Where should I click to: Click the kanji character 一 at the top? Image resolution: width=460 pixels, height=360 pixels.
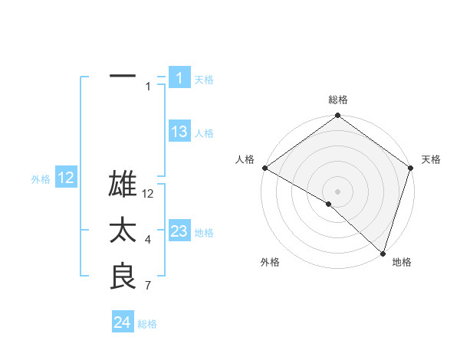(123, 77)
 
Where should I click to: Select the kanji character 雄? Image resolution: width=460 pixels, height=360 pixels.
(123, 185)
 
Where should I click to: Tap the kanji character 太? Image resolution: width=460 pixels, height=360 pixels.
(123, 231)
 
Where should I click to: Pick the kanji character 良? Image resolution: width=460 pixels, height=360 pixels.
(123, 276)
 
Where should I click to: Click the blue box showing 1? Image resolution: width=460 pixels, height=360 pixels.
(179, 78)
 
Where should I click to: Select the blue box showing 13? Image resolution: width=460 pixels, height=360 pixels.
(179, 132)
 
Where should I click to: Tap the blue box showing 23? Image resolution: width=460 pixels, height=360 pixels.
(179, 231)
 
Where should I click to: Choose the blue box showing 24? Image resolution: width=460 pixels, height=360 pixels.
(123, 322)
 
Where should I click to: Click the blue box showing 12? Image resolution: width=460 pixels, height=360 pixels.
(65, 178)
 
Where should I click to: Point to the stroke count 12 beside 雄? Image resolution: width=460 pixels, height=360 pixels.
(149, 195)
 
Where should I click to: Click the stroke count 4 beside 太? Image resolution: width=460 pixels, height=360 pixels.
(147, 241)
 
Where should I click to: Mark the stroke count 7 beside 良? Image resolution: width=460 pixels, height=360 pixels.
(147, 286)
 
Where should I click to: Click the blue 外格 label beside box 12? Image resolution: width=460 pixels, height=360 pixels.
(41, 179)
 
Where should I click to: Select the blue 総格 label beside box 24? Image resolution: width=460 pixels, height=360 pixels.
(147, 324)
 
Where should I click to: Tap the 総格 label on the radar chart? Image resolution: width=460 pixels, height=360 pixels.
(337, 100)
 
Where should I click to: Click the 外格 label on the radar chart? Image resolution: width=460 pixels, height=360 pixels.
(270, 262)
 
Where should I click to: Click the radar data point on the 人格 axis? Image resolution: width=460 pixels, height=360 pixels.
(264, 168)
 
